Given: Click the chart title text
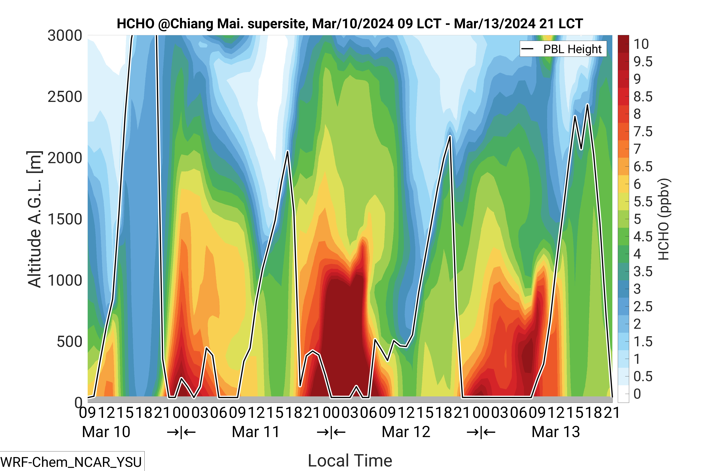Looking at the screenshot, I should (x=350, y=24).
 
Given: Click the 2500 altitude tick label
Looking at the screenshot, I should (x=65, y=97).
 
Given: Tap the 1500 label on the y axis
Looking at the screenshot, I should (x=65, y=219).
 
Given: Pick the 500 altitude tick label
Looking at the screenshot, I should (x=69, y=342).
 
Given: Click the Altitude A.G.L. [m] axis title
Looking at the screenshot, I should (x=34, y=219).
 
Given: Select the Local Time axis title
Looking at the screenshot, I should (x=350, y=460).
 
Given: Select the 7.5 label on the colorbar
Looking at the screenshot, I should (x=643, y=132).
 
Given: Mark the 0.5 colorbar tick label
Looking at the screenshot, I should (x=643, y=376).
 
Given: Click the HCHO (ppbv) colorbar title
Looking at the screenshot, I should (x=663, y=219).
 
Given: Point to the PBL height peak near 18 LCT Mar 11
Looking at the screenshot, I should (x=288, y=151).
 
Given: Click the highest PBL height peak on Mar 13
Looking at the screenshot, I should (x=587, y=105).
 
